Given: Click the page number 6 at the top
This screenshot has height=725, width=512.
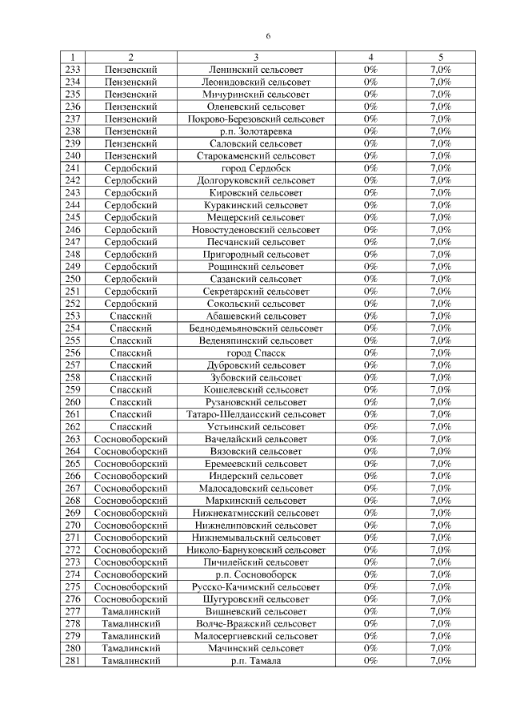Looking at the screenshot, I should tap(269, 36).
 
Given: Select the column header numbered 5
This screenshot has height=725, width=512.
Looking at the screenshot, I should tap(441, 58).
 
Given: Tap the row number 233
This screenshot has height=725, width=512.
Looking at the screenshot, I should tap(73, 70).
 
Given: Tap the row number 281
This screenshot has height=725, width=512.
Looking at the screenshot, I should tap(73, 661).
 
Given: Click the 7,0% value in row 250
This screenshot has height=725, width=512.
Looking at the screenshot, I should tap(441, 279).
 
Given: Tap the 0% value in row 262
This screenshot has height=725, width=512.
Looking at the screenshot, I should tap(370, 427).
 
